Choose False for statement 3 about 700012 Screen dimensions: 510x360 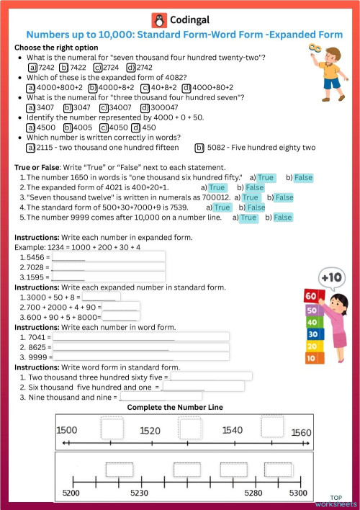click(x=284, y=197)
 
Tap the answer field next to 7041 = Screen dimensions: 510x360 click(x=140, y=336)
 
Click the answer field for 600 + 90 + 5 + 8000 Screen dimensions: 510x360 click(x=121, y=316)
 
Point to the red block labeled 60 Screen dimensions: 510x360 click(x=312, y=296)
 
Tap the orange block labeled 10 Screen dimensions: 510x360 click(x=312, y=357)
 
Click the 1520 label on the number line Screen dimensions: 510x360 click(x=150, y=430)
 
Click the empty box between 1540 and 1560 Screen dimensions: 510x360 click(x=272, y=428)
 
